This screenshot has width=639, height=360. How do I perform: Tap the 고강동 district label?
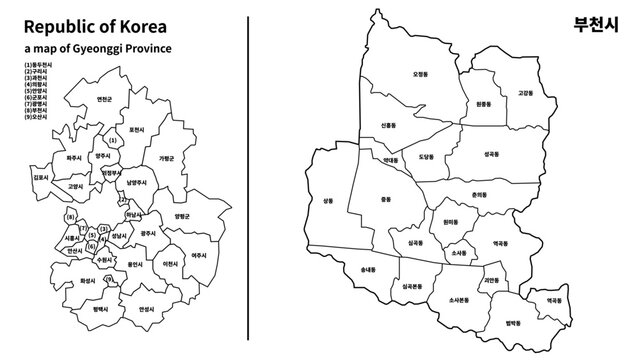pyautogui.click(x=525, y=93)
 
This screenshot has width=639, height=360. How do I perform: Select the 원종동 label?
pyautogui.click(x=484, y=104)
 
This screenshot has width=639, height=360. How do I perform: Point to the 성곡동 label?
pyautogui.click(x=491, y=155)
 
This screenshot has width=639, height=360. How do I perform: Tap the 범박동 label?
pyautogui.click(x=514, y=322)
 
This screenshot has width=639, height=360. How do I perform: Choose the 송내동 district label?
pyautogui.click(x=366, y=270)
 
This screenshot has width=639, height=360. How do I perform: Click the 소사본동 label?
pyautogui.click(x=459, y=300)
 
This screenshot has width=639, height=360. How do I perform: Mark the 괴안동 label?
pyautogui.click(x=489, y=281)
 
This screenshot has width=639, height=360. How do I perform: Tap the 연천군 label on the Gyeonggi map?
pyautogui.click(x=104, y=98)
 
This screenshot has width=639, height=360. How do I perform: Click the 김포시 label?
pyautogui.click(x=40, y=177)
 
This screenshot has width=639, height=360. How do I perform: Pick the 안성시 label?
pyautogui.click(x=146, y=309)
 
